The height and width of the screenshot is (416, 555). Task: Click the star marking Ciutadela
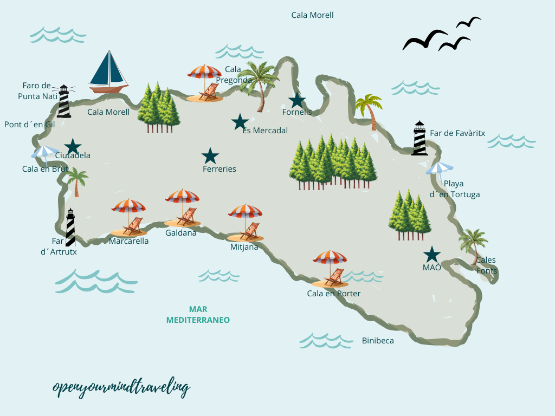(x=73, y=146)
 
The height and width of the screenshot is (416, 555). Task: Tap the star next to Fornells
(x=297, y=100)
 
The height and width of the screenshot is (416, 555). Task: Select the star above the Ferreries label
(x=210, y=156)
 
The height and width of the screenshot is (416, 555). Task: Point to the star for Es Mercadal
(x=240, y=122)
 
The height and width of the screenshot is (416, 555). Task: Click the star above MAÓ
(x=431, y=254)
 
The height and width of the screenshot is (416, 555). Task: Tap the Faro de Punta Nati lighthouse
(x=64, y=101)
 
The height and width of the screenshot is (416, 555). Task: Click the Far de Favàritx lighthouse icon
(x=420, y=138)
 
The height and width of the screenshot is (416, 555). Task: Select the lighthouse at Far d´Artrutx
(x=70, y=227)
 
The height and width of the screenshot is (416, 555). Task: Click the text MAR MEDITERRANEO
(x=198, y=315)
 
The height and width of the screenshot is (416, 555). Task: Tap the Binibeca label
(x=378, y=341)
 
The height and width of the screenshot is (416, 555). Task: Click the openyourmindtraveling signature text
(x=121, y=387)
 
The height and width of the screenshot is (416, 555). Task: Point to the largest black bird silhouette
(x=425, y=40)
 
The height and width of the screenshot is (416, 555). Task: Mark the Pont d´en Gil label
(x=30, y=124)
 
